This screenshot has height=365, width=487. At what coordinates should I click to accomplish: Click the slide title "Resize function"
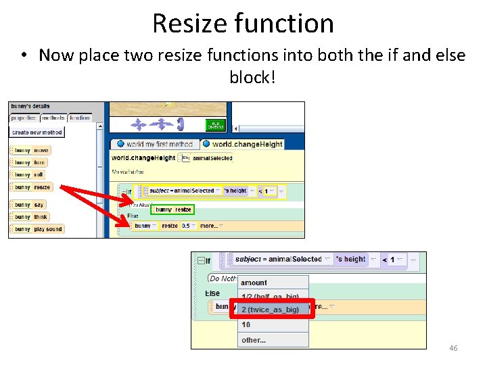click(x=243, y=24)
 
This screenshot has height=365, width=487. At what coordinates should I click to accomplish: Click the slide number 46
click(x=453, y=348)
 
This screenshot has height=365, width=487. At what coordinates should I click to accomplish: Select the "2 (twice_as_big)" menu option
click(x=271, y=310)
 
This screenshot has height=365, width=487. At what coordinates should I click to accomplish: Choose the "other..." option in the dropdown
click(x=254, y=340)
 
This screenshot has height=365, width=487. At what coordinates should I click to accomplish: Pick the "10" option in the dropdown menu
click(x=246, y=325)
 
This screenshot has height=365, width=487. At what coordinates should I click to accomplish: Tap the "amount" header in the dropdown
click(x=254, y=283)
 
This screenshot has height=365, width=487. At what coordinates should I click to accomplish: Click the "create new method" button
click(x=37, y=132)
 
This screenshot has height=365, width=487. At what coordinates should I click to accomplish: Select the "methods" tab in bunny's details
click(x=53, y=118)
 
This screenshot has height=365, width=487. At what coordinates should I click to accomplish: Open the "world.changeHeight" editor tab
click(x=246, y=144)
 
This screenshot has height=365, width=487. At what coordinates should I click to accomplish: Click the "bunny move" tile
click(x=31, y=150)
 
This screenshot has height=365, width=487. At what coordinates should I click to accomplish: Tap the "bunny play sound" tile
click(x=38, y=229)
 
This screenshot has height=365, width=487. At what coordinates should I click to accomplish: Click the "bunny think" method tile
click(x=31, y=217)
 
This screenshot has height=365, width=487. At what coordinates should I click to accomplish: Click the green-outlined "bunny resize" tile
click(x=174, y=210)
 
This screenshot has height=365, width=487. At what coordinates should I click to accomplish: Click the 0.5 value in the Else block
click(x=186, y=226)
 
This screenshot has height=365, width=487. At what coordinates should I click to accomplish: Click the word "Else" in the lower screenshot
click(x=212, y=293)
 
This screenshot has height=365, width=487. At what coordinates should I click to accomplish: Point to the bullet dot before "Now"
click(x=24, y=55)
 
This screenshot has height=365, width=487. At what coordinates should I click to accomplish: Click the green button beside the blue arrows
click(x=215, y=124)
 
